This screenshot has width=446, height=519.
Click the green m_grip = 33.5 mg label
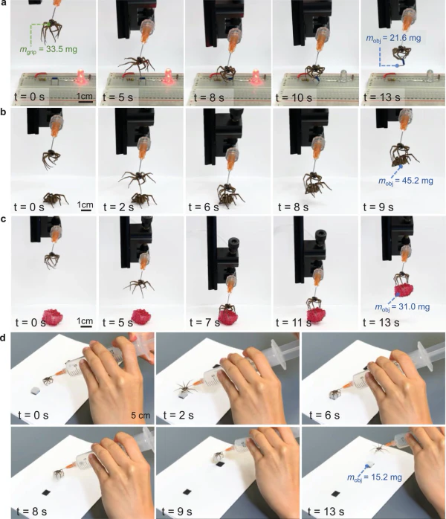click(48, 50)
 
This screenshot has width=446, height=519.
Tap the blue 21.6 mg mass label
click(393, 38)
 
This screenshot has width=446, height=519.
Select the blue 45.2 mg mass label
click(406, 181)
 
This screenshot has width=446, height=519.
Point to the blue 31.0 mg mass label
click(402, 307)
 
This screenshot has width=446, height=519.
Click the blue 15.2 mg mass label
click(375, 477)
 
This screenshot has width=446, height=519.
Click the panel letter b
click(3, 112)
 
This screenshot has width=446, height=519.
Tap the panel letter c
click(3, 219)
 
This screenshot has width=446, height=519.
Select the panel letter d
click(3, 338)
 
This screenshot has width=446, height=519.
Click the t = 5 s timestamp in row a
click(117, 97)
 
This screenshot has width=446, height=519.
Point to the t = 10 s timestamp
click(294, 97)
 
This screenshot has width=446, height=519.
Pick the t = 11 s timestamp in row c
click(293, 323)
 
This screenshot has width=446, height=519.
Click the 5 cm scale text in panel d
click(140, 415)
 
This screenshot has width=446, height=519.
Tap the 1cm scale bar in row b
click(86, 210)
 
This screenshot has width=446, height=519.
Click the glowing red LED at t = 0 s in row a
click(80, 77)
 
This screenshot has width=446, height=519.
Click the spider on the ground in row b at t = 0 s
click(54, 199)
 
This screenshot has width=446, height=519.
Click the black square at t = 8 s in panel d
click(46, 492)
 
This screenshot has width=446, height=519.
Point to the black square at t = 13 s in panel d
click(336, 494)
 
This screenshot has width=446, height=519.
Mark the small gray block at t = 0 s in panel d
click(35, 390)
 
